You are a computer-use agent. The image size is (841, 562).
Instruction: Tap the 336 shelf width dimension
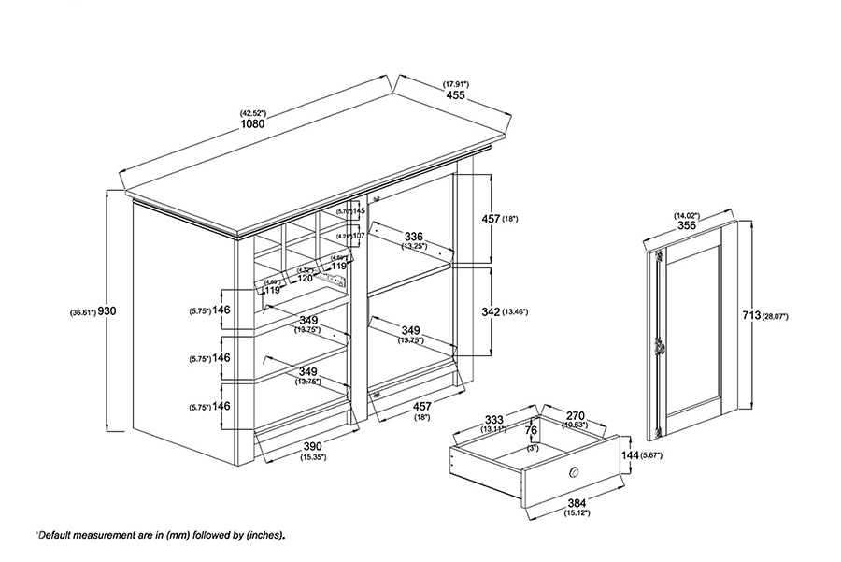pos(415,236)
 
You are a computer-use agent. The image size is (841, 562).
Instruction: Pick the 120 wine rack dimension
pos(306,279)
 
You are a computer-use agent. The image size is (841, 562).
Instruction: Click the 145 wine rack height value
pos(358,212)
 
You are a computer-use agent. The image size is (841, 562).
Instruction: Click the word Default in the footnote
pos(59,535)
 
